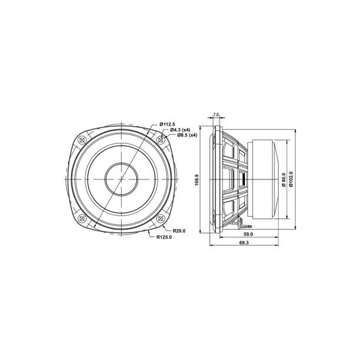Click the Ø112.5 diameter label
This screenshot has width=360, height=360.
tap(168, 124)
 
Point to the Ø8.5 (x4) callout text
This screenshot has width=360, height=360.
tap(179, 136)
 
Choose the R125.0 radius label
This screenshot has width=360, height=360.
tap(165, 237)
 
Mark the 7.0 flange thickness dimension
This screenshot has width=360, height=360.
tap(217, 113)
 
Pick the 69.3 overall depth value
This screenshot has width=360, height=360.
tap(244, 242)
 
